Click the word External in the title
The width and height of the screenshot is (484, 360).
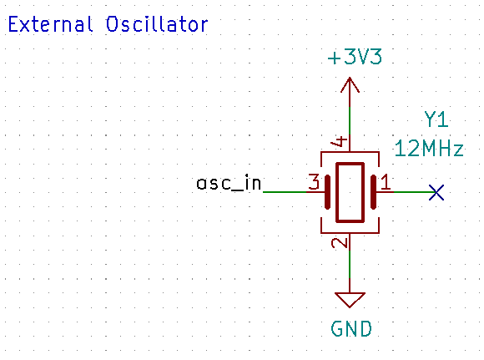click(50, 24)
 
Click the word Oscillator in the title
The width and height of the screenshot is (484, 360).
click(157, 24)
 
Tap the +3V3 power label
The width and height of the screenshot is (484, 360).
click(355, 57)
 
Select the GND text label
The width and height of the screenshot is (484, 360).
click(351, 329)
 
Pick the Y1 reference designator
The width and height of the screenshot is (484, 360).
click(436, 119)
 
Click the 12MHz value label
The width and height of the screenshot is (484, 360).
click(429, 149)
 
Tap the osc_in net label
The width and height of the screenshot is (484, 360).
click(229, 183)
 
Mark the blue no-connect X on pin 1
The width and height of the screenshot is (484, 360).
click(436, 192)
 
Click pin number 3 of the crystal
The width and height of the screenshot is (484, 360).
click(315, 182)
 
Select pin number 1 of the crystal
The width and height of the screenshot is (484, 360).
click(386, 182)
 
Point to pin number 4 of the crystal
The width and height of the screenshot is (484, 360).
click(340, 141)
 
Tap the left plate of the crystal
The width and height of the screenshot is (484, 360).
click(327, 192)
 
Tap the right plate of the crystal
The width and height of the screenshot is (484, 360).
click(373, 192)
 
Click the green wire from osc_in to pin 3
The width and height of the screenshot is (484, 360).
click(285, 192)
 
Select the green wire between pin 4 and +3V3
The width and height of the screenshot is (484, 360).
click(350, 122)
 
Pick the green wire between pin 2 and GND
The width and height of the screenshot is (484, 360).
click(350, 262)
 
